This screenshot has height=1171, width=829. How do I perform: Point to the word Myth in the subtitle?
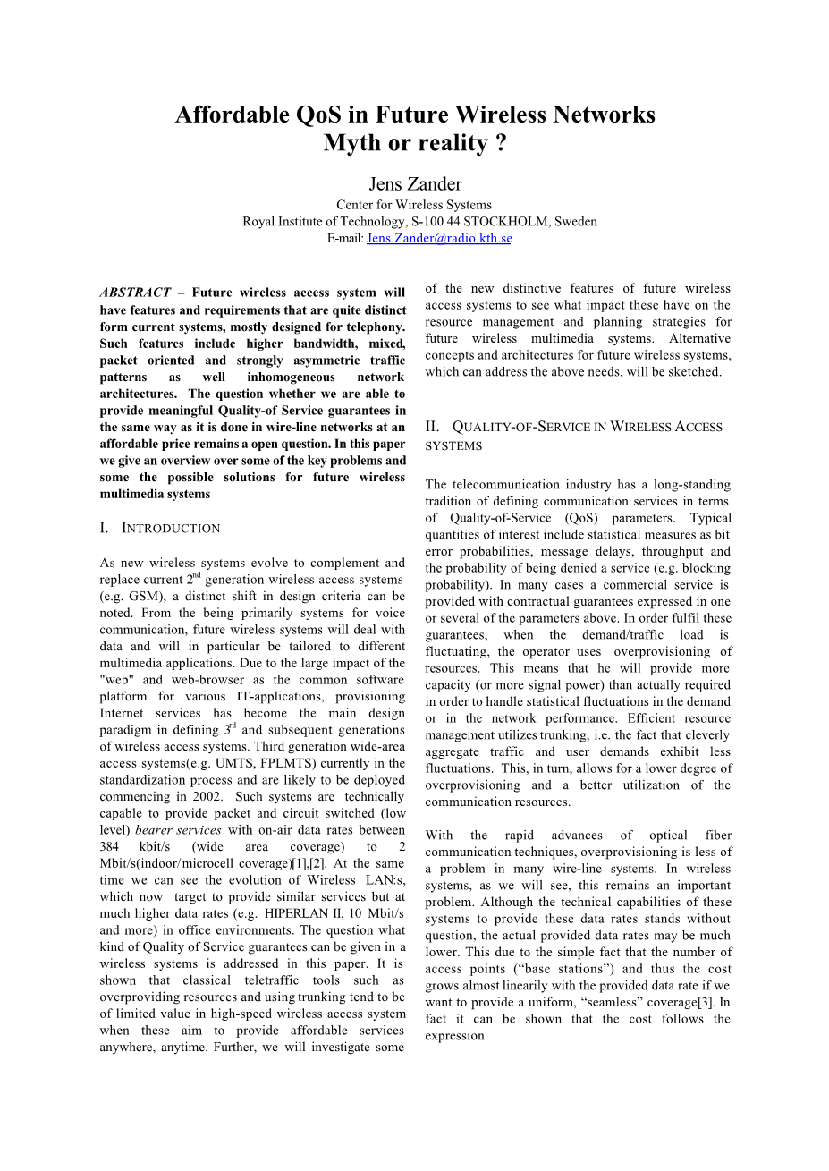pyautogui.click(x=352, y=143)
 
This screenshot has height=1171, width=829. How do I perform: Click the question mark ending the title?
pyautogui.click(x=501, y=143)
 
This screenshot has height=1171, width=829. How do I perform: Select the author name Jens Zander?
pyautogui.click(x=415, y=184)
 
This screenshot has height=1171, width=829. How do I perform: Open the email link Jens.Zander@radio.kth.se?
pyautogui.click(x=439, y=239)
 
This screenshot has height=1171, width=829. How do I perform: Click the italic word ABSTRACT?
pyautogui.click(x=135, y=293)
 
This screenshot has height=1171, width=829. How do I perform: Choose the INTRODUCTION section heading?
pyautogui.click(x=170, y=529)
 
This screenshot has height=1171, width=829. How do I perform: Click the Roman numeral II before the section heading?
pyautogui.click(x=432, y=428)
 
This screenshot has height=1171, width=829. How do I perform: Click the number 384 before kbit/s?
pyautogui.click(x=110, y=847)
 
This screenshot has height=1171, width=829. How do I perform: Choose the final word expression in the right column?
pyautogui.click(x=454, y=1036)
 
